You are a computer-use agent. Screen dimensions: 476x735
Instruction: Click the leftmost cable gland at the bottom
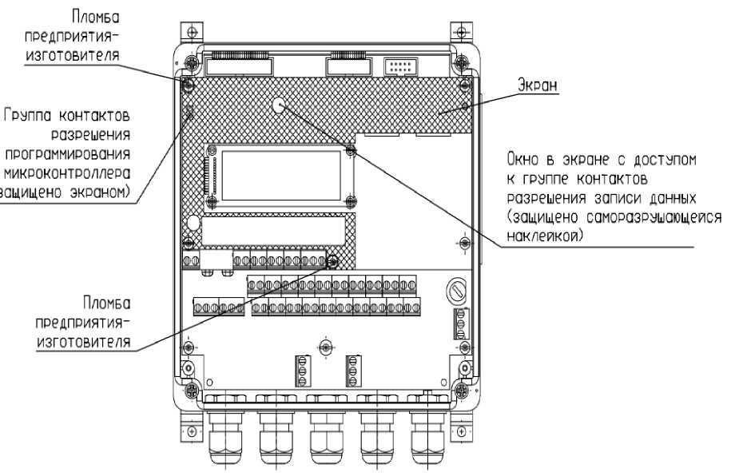(x=221, y=435)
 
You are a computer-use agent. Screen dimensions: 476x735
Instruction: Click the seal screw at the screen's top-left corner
(x=190, y=83)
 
